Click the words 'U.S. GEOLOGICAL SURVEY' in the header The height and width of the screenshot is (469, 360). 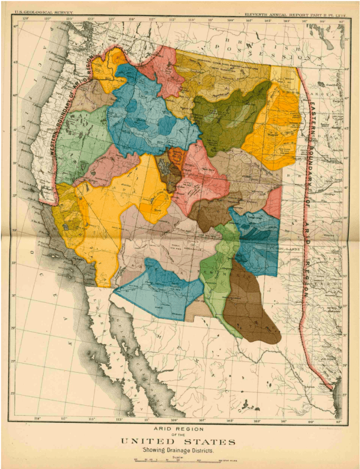click(44, 12)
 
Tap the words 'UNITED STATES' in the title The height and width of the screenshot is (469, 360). click(179, 441)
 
